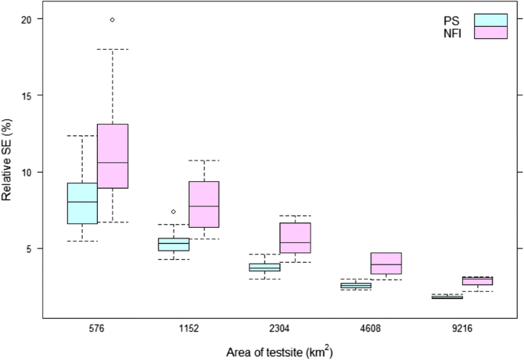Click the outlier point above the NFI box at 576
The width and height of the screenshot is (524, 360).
(112, 19)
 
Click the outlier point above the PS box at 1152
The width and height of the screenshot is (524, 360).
(174, 212)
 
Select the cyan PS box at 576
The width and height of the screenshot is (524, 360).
(82, 203)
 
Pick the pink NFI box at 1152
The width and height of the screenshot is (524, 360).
(204, 204)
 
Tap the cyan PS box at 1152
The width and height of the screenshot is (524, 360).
(174, 245)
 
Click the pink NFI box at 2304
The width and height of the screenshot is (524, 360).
(295, 238)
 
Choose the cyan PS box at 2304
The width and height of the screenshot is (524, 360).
(265, 268)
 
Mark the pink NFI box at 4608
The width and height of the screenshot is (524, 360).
(386, 263)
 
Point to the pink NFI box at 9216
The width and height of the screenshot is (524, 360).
(477, 281)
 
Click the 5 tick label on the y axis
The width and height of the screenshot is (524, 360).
(28, 249)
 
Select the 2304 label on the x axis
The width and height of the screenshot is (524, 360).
(280, 329)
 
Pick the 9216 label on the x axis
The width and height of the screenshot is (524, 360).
(462, 329)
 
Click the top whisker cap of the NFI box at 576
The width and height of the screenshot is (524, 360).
(112, 49)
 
